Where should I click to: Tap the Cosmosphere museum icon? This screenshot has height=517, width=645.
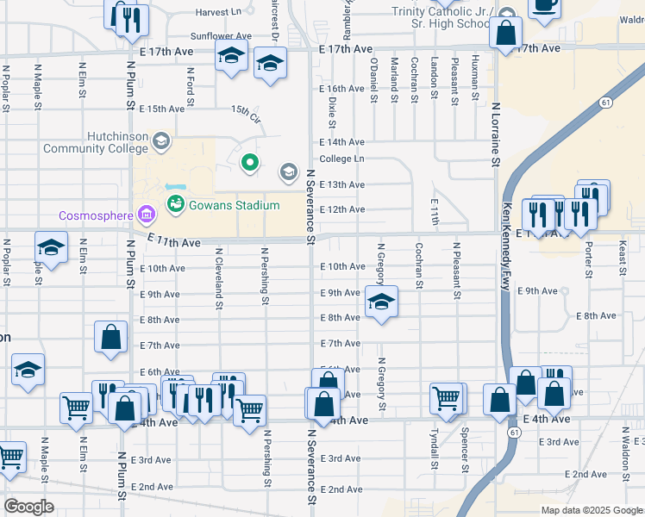coord(146,215)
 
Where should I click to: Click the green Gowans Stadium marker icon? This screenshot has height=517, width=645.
coord(176,204)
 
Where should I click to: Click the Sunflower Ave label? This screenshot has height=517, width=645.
coord(220,36)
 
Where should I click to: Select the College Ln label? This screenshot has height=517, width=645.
coord(341,159)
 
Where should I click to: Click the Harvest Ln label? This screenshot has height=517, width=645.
coord(218,12)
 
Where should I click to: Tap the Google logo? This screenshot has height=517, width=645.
coord(29,507)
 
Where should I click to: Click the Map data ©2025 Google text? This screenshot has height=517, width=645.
coord(591,510)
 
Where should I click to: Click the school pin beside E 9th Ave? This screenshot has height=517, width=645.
coord(381,302)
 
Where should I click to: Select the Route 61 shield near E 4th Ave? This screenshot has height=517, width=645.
coord(513,432)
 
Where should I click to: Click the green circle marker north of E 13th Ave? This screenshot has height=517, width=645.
coord(250,161)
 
